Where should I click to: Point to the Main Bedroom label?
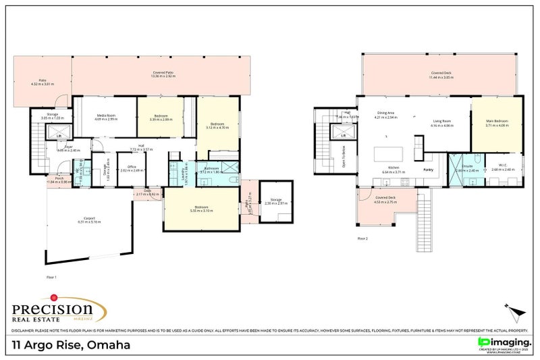point(496,123)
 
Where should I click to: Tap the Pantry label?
point(427,170)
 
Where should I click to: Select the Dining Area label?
point(385,113)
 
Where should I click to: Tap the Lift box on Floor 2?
point(342,136)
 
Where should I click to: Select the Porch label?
point(59,180)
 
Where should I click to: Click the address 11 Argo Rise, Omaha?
point(71,345)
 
